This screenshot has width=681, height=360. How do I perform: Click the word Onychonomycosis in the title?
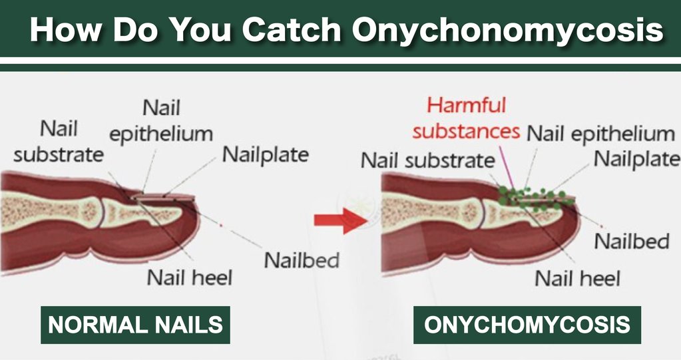click(508, 29)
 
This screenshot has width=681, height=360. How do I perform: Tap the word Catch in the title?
click(292, 29)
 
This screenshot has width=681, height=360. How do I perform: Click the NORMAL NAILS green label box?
click(135, 325)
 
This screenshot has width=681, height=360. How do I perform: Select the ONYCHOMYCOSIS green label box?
click(527, 325)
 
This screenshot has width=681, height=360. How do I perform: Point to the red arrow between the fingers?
click(341, 220)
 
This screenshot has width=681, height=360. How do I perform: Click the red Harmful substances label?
click(466, 118)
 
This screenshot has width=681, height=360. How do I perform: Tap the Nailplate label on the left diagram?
click(266, 154)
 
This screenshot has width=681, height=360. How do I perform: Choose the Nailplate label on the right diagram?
click(636, 159)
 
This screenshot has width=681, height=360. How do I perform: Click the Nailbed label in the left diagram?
click(302, 261)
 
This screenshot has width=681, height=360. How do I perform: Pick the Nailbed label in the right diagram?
click(632, 241)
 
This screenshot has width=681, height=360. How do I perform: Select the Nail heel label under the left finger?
click(190, 277)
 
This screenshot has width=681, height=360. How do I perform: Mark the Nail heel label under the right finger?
click(577, 278)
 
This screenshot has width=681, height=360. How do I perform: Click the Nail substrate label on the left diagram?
click(59, 142)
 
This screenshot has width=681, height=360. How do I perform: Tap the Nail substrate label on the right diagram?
click(428, 160)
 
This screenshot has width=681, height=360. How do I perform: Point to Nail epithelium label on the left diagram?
click(161, 121)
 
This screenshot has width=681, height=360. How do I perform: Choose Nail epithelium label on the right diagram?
click(600, 134)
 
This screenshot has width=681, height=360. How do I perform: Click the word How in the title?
click(65, 29)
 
